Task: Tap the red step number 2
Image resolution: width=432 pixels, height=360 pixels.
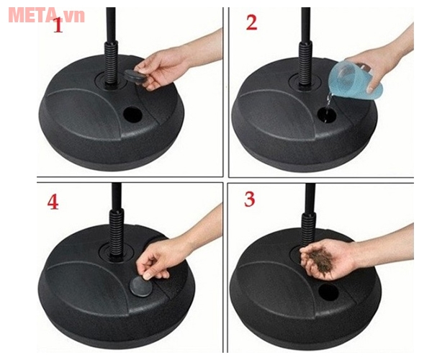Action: click(251, 22)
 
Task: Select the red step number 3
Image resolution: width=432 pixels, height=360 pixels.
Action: click(249, 199)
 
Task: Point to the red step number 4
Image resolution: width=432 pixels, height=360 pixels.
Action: click(53, 202)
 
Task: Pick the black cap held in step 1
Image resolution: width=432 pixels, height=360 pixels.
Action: click(135, 76)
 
